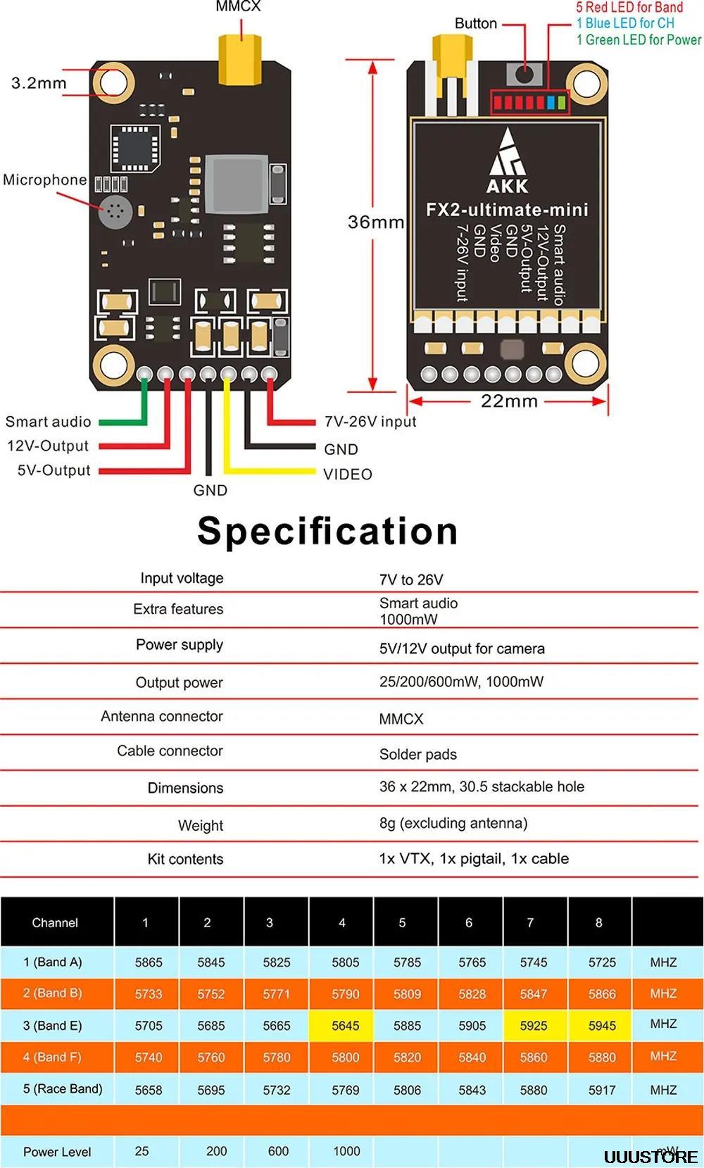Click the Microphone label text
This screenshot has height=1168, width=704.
tap(44, 180)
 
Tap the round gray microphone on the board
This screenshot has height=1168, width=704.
tap(115, 211)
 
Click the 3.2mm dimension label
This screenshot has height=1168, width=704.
tap(39, 83)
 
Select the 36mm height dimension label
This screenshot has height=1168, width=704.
tap(375, 222)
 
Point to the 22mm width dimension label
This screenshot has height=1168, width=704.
tap(509, 401)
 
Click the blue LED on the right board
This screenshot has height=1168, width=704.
tap(551, 103)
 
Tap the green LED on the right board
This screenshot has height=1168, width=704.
tap(561, 103)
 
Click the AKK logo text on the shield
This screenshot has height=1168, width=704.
tap(507, 185)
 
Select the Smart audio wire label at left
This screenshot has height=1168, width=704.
tap(49, 422)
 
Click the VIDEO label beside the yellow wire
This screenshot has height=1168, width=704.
tap(348, 475)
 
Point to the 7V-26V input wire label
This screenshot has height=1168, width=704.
tap(370, 422)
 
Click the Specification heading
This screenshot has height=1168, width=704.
tap(327, 531)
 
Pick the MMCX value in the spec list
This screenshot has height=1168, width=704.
tap(401, 719)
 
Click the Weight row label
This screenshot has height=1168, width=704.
tap(201, 825)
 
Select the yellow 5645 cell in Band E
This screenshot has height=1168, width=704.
tap(346, 1026)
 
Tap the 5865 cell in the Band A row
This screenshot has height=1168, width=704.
tap(149, 962)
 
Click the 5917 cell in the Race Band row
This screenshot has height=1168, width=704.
tap(602, 1090)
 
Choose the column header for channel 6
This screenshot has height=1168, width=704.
tap(469, 922)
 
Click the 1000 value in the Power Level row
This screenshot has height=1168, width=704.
tap(346, 1151)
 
